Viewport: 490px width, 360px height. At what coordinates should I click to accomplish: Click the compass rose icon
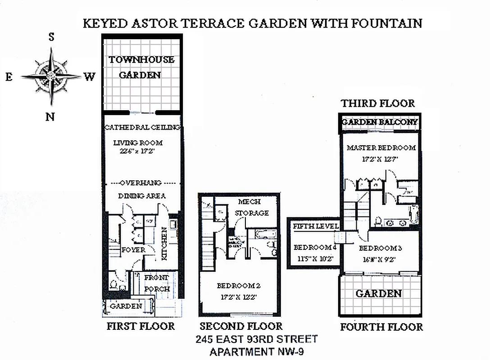tap(51, 76)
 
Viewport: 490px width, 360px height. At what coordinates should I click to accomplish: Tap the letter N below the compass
tap(50, 117)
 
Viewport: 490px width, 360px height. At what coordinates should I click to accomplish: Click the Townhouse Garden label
tap(141, 67)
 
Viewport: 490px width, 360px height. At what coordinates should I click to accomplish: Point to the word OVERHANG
tap(142, 183)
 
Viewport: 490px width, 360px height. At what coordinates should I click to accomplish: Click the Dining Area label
tap(142, 196)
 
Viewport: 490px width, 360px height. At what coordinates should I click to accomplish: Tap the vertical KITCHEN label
tap(164, 243)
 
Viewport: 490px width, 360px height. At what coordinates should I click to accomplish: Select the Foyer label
tap(133, 250)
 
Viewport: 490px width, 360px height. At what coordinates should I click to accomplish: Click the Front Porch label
tap(156, 283)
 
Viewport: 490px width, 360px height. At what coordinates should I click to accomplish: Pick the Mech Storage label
tap(252, 207)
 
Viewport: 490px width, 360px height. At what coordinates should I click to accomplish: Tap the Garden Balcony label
tap(380, 122)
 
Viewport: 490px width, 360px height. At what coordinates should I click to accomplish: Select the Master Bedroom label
tap(381, 148)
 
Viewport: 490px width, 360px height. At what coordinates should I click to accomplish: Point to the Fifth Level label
tap(315, 226)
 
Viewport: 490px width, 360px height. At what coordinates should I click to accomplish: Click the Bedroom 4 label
tap(315, 247)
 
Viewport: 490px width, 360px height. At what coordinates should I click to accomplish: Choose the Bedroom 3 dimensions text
tap(380, 259)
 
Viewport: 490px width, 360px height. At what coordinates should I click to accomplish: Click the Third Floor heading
tap(377, 103)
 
